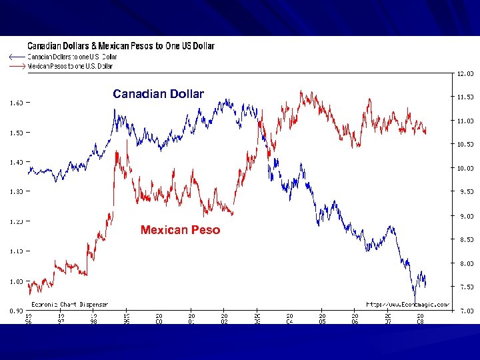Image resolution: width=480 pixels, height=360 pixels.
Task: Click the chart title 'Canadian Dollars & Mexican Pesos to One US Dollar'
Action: point(121,46)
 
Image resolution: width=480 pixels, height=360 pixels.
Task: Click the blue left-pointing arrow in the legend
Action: point(16,57)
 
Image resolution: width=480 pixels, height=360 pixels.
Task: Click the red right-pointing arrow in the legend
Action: point(16,66)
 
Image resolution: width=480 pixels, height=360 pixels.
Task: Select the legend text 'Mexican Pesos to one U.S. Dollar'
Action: point(70,66)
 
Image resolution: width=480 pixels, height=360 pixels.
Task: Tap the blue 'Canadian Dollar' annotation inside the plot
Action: point(158,94)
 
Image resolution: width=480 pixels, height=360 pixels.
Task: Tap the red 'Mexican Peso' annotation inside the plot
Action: point(180,230)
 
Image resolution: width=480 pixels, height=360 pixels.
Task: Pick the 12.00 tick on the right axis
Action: point(465,73)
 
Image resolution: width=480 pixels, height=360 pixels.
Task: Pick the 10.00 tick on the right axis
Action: point(465,168)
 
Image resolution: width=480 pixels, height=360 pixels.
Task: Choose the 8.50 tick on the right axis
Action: point(465,239)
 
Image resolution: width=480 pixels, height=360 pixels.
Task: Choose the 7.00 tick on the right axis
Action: point(465,311)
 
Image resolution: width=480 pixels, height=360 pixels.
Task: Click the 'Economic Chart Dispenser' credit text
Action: point(70,304)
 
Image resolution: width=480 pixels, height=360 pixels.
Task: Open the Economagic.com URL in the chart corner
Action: point(407,304)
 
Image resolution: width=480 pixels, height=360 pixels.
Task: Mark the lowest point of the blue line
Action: point(415,303)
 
